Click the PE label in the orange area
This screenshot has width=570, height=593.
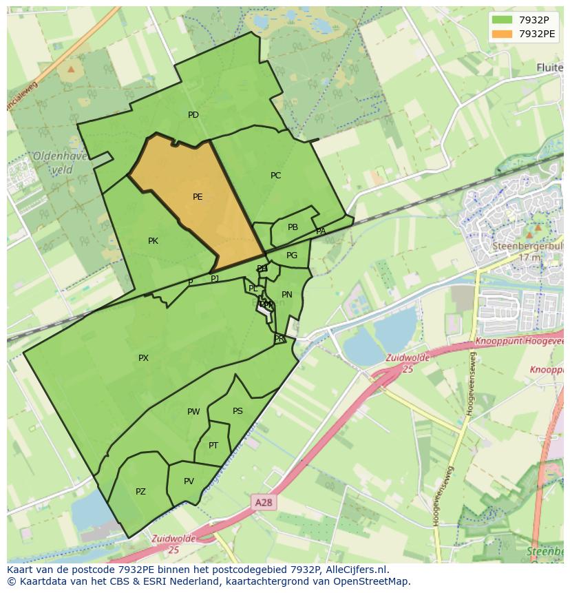[x=198, y=197]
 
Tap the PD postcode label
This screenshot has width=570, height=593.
[x=193, y=115]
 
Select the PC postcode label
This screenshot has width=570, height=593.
[x=275, y=176]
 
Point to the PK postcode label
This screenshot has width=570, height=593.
[x=153, y=241]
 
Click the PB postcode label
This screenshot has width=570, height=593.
[x=293, y=227]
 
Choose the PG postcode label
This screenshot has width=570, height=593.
[x=292, y=256]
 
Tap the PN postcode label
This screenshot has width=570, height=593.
[x=287, y=295]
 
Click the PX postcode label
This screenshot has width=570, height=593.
[x=143, y=358]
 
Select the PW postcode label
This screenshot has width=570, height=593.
[x=193, y=412]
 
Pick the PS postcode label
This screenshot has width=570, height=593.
[x=237, y=411]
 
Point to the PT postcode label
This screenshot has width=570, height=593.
[x=213, y=446]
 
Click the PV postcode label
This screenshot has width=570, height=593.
[x=189, y=481]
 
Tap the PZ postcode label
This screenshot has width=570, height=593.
[x=140, y=492]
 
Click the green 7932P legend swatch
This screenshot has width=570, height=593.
[x=503, y=20]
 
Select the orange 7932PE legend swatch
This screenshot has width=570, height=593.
[x=503, y=34]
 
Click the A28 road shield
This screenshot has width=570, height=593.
[x=263, y=503]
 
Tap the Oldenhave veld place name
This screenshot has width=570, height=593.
[x=60, y=163]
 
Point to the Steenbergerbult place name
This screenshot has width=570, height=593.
[x=527, y=245]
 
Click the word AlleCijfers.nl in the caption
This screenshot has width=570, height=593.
[x=357, y=570]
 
